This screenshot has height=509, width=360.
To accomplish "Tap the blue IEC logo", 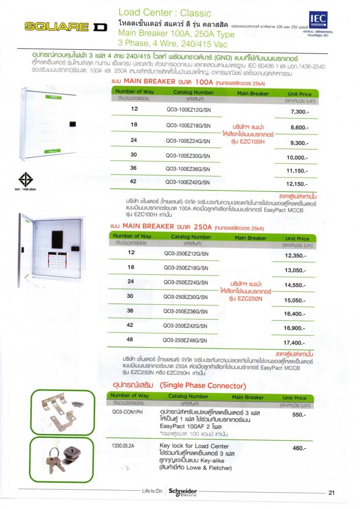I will pyautogui.click(x=318, y=21).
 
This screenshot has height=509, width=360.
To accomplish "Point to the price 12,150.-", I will pyautogui.click(x=298, y=184).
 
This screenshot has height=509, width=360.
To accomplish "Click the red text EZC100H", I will pyautogui.click(x=248, y=142).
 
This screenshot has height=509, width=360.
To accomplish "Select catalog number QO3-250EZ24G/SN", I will pyautogui.click(x=185, y=282).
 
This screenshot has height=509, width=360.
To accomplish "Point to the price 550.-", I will pyautogui.click(x=298, y=415).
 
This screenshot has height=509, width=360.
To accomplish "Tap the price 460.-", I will pyautogui.click(x=298, y=448).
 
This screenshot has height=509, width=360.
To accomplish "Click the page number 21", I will pyautogui.click(x=331, y=492).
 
